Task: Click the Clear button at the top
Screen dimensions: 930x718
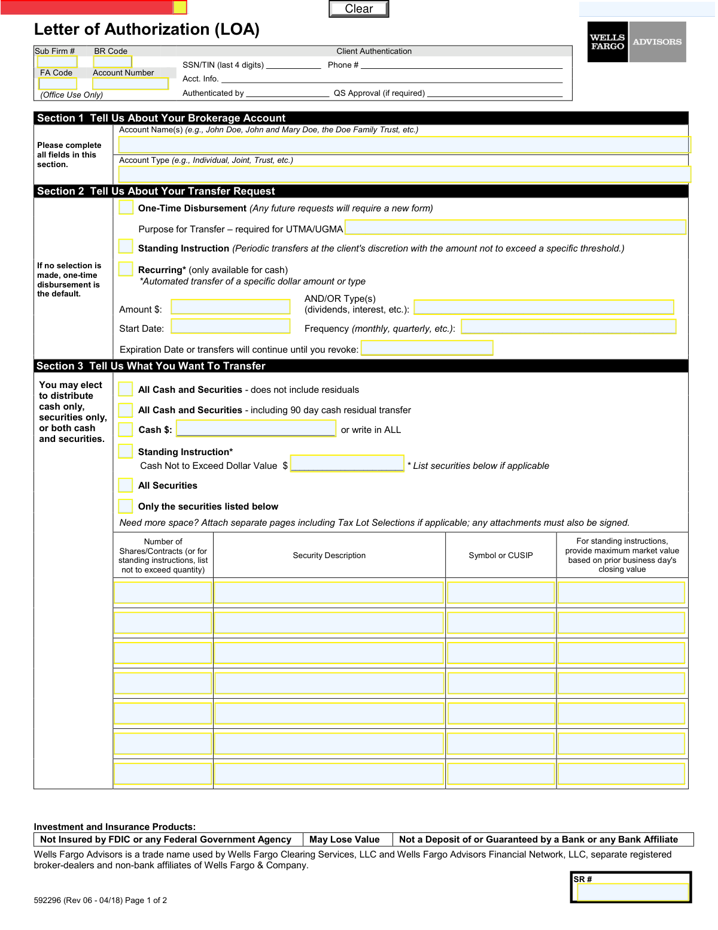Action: (x=358, y=9)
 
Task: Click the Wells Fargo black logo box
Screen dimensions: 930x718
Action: (x=607, y=42)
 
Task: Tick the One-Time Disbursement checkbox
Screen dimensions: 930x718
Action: (x=126, y=207)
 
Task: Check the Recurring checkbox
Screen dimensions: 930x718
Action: (x=126, y=269)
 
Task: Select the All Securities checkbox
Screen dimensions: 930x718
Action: (x=126, y=485)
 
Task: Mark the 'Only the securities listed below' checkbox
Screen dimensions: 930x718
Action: (x=126, y=506)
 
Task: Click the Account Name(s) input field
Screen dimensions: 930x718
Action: (x=404, y=144)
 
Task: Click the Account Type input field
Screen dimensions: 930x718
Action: (x=404, y=174)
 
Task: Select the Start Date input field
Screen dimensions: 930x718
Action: (x=230, y=326)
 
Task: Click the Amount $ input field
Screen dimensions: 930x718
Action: (x=230, y=307)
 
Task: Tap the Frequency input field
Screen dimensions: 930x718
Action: (x=568, y=326)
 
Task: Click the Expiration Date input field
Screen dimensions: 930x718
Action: (x=427, y=348)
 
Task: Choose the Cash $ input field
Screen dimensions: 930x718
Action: (x=256, y=428)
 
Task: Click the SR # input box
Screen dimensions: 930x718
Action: (x=632, y=892)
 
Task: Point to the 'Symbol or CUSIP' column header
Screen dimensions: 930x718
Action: (x=501, y=555)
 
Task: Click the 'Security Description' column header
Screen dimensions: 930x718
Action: (x=329, y=555)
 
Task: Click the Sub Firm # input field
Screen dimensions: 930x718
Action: (x=57, y=62)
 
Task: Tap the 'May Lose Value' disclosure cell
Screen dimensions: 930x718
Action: (x=345, y=840)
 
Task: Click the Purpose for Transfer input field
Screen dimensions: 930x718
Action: (x=515, y=227)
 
